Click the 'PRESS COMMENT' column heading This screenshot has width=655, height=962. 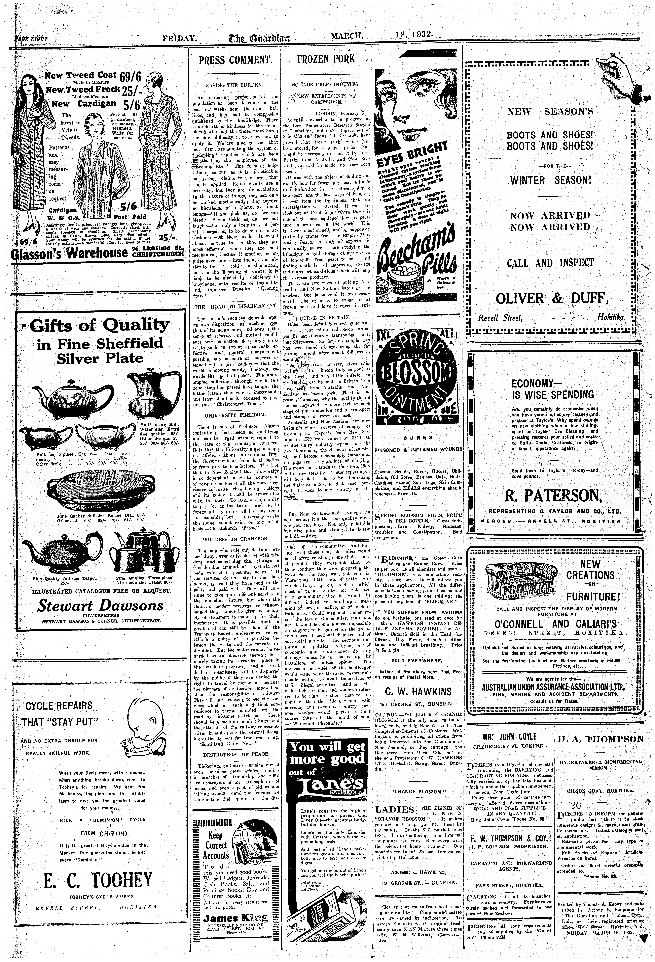tap(234, 60)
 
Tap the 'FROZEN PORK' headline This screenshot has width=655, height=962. tap(326, 59)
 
